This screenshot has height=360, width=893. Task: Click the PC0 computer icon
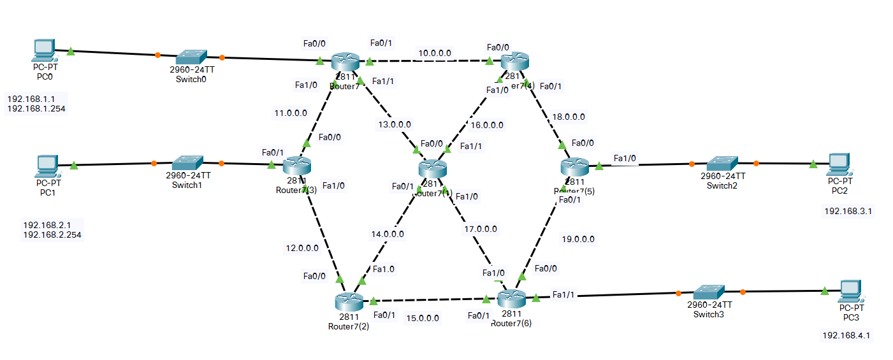click(x=43, y=49)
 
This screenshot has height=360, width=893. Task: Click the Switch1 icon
click(x=187, y=162)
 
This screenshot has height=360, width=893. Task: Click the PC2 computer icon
click(x=839, y=164)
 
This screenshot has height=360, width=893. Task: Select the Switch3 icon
click(x=709, y=292)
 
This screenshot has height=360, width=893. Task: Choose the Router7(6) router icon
click(x=512, y=298)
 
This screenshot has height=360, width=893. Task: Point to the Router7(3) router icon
click(x=296, y=166)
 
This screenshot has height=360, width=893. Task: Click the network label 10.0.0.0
click(x=435, y=53)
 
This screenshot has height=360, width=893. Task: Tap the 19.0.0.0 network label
click(x=578, y=240)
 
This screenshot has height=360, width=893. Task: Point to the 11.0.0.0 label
click(x=291, y=113)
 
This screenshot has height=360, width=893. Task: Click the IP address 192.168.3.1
click(x=848, y=211)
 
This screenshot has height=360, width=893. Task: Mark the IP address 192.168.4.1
click(x=846, y=335)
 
